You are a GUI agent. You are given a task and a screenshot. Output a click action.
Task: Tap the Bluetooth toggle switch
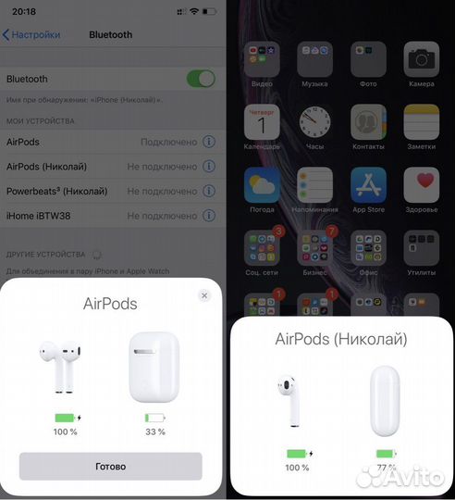[x=200, y=79]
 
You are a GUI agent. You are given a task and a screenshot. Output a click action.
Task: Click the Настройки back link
[x=31, y=34]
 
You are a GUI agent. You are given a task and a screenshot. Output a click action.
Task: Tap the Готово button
[x=110, y=466]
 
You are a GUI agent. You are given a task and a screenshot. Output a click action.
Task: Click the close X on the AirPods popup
[x=204, y=295]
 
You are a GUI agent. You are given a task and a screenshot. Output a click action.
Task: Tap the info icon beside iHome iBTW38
[x=208, y=216]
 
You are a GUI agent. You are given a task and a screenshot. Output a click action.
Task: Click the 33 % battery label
[x=154, y=431]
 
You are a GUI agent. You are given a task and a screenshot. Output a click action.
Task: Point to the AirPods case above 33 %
[x=154, y=366]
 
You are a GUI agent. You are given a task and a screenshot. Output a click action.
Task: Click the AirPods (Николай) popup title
[x=341, y=339]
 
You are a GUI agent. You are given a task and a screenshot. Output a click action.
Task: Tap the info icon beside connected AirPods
[x=208, y=142]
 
